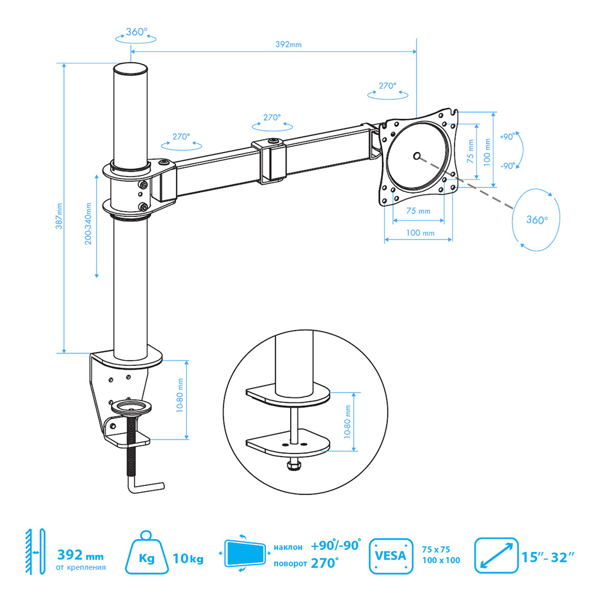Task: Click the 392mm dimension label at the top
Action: click(x=288, y=44)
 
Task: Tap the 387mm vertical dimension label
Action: click(x=59, y=216)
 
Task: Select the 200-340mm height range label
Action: click(x=89, y=224)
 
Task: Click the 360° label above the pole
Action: click(x=136, y=31)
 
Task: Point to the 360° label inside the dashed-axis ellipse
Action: click(x=537, y=219)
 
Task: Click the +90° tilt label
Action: click(x=507, y=136)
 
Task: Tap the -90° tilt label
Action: click(x=508, y=166)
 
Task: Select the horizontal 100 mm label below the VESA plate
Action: click(x=420, y=233)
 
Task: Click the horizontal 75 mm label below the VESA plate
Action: click(x=418, y=210)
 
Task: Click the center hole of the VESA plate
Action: click(x=417, y=156)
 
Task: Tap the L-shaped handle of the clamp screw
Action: click(x=145, y=487)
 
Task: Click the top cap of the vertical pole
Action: click(x=130, y=69)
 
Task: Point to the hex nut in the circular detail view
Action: click(x=294, y=466)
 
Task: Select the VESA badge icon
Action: click(x=391, y=556)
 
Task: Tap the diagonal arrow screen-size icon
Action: click(x=496, y=555)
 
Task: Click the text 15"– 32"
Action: click(x=548, y=557)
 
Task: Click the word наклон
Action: click(x=288, y=547)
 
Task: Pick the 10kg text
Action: click(x=188, y=558)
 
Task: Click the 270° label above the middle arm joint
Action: click(x=272, y=117)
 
